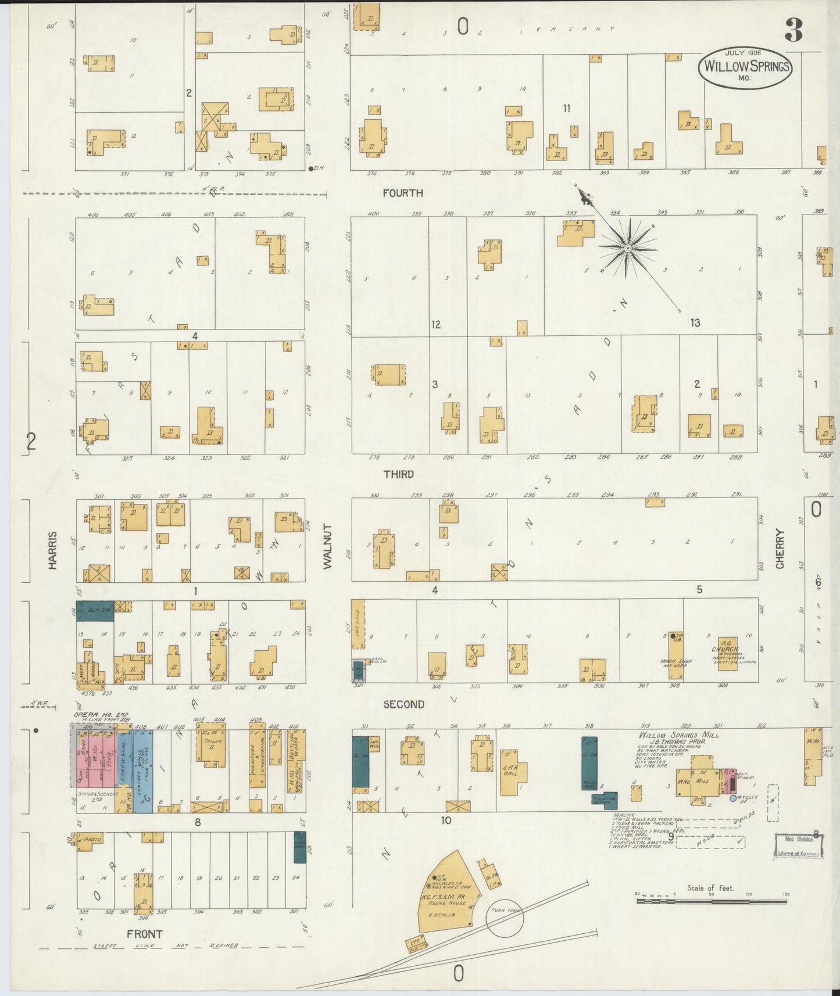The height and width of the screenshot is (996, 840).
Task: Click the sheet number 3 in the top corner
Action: point(793,30)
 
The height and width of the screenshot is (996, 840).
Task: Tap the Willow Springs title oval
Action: point(745,67)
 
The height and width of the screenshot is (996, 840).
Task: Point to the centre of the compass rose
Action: point(628,248)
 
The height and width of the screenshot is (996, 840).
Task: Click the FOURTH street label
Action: point(403,193)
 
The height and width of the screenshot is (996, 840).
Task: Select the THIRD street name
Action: point(398,474)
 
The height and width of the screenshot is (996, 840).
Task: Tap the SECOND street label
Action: point(403,704)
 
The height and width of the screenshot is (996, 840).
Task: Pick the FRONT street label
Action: point(145,934)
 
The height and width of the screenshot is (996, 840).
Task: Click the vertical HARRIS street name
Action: point(53,550)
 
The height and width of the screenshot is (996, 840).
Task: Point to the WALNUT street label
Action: point(327,546)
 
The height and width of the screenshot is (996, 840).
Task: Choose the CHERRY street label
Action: point(780,549)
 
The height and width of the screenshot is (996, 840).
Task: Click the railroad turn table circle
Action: point(505,917)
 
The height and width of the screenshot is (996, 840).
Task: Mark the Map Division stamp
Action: point(797,845)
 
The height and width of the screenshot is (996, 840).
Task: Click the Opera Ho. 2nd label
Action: point(101,715)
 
